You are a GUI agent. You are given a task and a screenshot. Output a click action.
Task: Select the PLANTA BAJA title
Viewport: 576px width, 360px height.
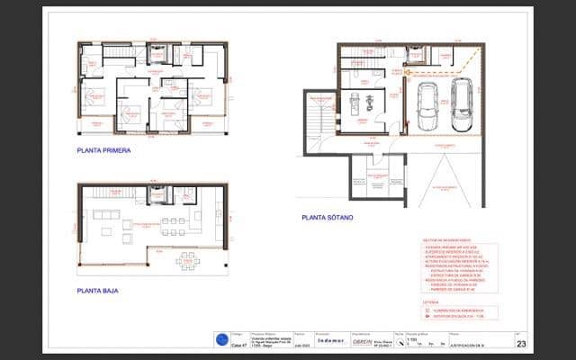point(100,291)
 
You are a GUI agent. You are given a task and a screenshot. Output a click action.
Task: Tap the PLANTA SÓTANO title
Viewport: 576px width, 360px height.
point(328,217)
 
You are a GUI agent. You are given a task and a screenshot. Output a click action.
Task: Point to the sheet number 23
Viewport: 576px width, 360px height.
point(521,343)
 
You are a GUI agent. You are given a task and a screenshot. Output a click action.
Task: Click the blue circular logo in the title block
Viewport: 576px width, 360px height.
point(221,339)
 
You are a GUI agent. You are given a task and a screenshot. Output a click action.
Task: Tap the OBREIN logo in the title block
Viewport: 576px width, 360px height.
point(362,341)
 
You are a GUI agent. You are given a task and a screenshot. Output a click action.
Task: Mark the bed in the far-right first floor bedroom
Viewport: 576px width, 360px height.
point(205,97)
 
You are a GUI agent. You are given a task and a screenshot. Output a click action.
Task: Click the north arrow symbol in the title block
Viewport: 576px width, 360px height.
point(400,342)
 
